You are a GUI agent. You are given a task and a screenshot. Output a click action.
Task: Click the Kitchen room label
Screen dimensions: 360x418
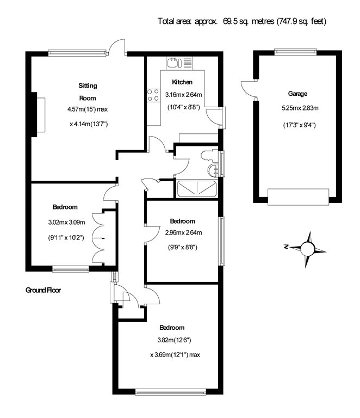[182, 82]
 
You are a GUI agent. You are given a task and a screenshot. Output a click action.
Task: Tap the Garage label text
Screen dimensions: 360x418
[297, 94]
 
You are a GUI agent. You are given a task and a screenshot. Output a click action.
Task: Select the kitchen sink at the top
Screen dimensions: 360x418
[179, 63]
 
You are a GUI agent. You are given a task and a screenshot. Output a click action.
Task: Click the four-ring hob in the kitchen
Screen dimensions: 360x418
[153, 95]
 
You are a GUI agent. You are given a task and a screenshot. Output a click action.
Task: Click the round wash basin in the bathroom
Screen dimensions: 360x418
[213, 170]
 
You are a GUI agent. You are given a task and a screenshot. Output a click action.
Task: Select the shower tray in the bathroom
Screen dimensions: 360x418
[197, 189]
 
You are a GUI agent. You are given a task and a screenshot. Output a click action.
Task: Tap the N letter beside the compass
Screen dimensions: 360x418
[286, 247]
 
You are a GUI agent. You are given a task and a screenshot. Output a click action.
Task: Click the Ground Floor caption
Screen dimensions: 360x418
[43, 290]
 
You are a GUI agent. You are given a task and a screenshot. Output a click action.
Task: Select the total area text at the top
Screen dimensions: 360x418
[242, 21]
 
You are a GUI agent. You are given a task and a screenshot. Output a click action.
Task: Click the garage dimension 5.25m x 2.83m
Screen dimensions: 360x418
[300, 108]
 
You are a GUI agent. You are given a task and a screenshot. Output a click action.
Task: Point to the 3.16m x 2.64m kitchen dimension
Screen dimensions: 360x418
[183, 95]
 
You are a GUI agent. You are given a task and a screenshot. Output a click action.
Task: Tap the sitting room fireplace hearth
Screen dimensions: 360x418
[41, 115]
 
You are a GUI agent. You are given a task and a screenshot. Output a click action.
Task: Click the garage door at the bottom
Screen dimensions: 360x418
[298, 196]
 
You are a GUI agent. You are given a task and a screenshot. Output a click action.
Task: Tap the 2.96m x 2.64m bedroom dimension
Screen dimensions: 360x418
[183, 232]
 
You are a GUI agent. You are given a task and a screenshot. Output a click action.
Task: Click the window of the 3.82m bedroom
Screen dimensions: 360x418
[170, 391]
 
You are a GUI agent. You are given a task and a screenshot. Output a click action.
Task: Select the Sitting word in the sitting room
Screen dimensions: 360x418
[88, 86]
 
